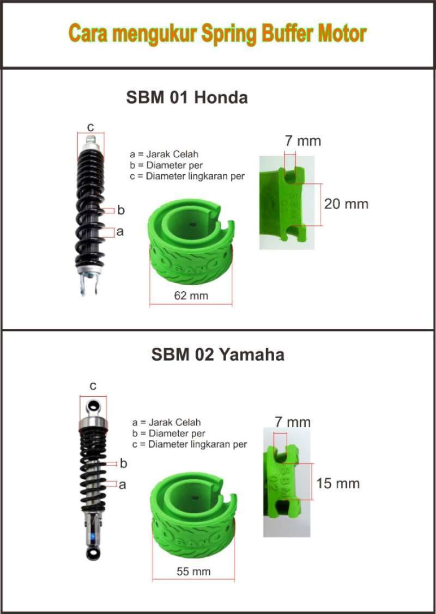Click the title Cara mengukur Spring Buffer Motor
click(217, 34)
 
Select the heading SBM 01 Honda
click(187, 97)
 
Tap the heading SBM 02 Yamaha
click(217, 355)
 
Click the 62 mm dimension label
click(191, 296)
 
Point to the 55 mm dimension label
click(193, 572)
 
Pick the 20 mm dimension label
click(346, 204)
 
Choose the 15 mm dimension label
click(338, 483)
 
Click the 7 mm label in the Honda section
click(303, 141)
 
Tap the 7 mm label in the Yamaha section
click(293, 422)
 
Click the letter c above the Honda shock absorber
click(90, 127)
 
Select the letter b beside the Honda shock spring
click(121, 210)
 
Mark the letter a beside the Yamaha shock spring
click(122, 484)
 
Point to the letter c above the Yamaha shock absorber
click(93, 386)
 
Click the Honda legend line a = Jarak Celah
click(164, 154)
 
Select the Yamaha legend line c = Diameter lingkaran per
click(190, 444)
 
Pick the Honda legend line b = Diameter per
click(167, 165)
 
